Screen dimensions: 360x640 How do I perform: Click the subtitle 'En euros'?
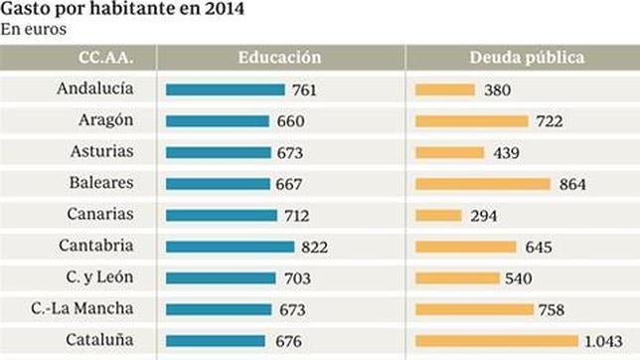click(33, 30)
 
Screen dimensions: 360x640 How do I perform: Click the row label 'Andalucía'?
click(98, 90)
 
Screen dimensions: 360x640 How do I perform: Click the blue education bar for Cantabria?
click(230, 247)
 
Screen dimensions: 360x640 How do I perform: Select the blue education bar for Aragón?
click(217, 121)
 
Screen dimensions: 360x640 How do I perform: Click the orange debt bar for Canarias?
click(438, 215)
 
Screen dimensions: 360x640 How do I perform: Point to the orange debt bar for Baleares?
click(482, 184)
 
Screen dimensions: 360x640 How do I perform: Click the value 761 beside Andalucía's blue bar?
click(304, 90)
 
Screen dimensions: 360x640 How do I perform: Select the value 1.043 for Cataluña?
click(603, 341)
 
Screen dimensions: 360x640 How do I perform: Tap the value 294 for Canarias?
click(481, 216)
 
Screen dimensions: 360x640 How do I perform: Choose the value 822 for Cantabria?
click(314, 247)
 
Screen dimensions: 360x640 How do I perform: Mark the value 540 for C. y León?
click(518, 278)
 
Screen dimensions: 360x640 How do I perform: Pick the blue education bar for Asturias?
click(218, 153)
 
